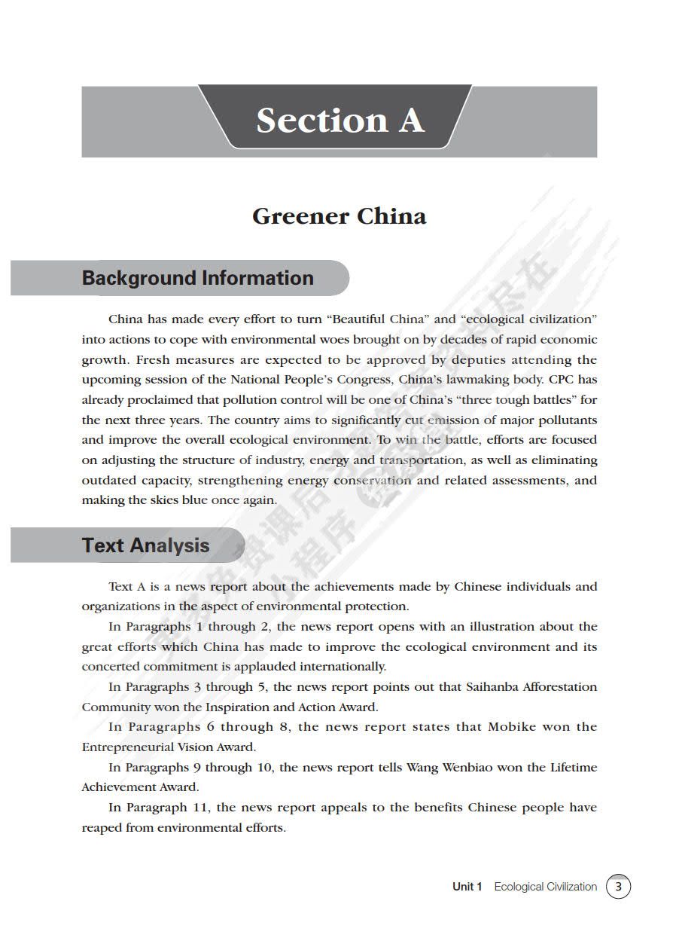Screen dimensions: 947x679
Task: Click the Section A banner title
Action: (x=339, y=121)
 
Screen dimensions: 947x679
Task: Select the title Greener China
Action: (x=339, y=217)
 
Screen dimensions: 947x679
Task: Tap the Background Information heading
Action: (x=197, y=278)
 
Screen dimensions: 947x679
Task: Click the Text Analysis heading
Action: (x=145, y=545)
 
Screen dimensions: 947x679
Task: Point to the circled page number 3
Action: (x=618, y=887)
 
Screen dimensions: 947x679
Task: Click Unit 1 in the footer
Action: (x=467, y=887)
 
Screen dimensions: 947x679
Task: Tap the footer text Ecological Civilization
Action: (x=545, y=887)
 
